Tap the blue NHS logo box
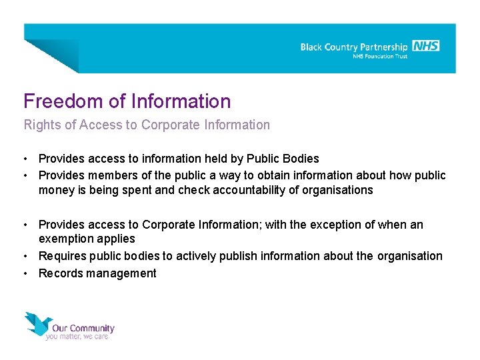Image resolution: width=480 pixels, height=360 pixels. [425, 46]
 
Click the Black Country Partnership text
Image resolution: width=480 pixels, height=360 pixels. [353, 47]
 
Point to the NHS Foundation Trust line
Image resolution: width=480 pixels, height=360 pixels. [380, 57]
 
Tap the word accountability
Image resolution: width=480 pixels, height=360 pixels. [251, 190]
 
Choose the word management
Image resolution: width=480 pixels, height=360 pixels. [122, 273]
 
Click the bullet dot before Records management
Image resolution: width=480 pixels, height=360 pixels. [25, 273]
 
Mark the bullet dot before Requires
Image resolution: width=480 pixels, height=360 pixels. [25, 256]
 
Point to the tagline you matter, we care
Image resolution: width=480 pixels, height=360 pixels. [77, 337]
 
